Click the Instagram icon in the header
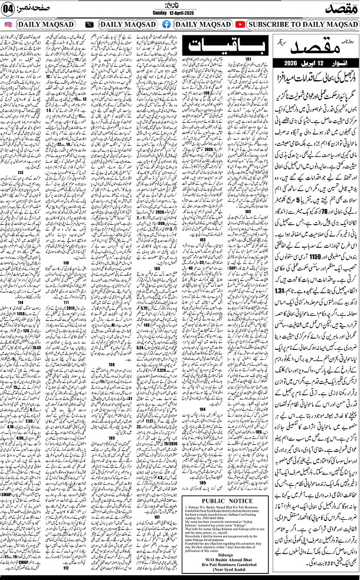click(8, 25)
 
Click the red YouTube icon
click(240, 25)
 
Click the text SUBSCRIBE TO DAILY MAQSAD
click(301, 25)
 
